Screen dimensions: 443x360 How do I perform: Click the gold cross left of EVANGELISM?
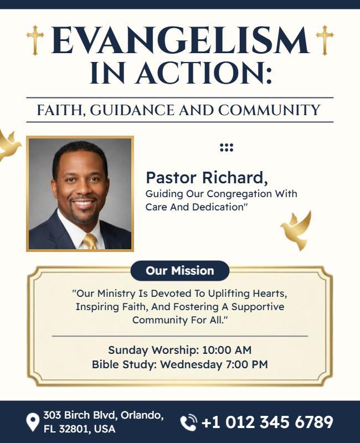35,40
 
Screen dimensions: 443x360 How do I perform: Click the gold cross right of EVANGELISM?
325,40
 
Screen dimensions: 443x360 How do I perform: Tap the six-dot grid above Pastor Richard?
227,147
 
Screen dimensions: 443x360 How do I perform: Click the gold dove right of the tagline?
297,230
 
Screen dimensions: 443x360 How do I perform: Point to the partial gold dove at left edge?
8,145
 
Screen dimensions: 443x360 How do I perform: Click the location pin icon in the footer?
33,423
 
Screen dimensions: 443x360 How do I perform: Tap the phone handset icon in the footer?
189,423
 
